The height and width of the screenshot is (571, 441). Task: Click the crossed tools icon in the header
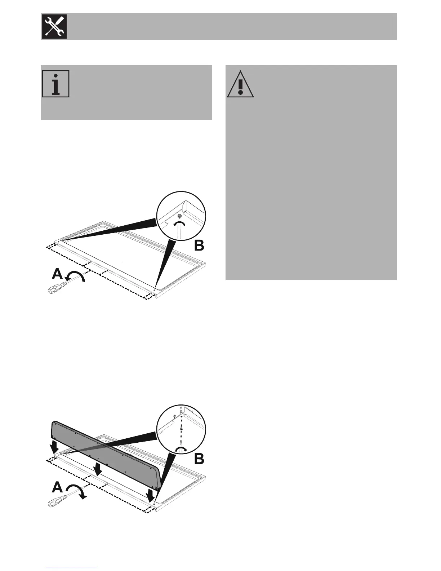pos(54,27)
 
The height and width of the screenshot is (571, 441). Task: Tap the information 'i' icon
pos(55,84)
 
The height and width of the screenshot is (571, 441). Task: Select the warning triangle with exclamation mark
pos(240,84)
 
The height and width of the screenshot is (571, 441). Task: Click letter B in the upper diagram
pos(199,246)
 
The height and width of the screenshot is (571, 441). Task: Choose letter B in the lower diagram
pos(199,459)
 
